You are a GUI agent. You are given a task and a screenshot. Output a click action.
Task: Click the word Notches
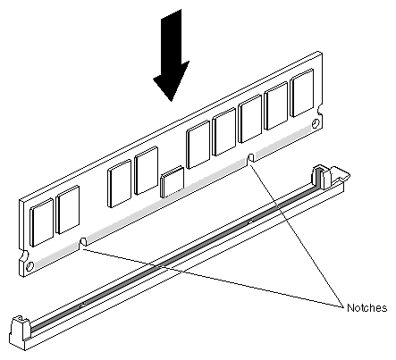(367, 307)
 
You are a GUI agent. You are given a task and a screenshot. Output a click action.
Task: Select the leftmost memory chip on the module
(42, 222)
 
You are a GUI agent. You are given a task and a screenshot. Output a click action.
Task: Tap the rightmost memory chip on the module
(302, 93)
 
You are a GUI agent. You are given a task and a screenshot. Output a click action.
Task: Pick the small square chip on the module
(173, 182)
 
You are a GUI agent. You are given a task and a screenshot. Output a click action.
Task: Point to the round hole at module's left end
(29, 266)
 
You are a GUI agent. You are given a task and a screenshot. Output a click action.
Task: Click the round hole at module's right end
(316, 123)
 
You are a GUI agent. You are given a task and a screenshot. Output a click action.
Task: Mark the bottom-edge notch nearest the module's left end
(83, 241)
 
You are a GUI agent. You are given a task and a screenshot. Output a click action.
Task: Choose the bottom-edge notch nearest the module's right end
(251, 158)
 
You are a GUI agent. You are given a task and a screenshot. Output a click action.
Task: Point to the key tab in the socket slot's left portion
(83, 305)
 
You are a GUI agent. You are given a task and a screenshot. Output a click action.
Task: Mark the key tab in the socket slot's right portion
(250, 222)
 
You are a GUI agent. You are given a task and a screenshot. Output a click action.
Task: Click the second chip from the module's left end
(68, 210)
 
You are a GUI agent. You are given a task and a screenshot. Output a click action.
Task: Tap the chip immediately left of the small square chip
(147, 171)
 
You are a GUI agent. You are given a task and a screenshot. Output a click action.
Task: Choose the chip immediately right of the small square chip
(198, 145)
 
